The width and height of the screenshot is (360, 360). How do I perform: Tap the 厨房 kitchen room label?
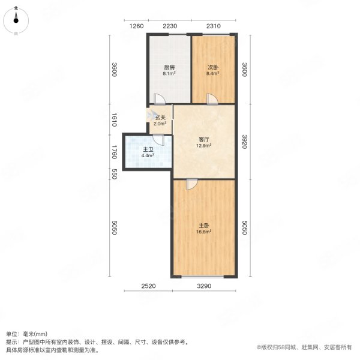[x=170, y=68]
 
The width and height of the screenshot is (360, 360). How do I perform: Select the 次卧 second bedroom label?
[x=213, y=68]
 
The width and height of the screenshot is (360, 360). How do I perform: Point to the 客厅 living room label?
[x=204, y=139]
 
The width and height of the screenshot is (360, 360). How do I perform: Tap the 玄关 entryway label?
[x=160, y=118]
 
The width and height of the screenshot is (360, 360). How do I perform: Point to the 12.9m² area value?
[x=204, y=146]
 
